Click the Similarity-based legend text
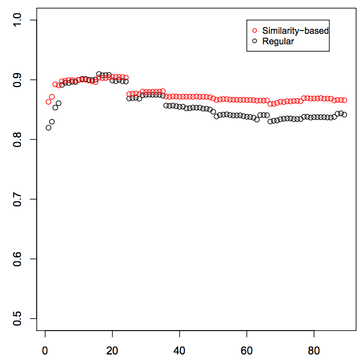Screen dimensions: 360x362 coord(295,31)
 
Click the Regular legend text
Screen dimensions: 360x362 coord(278,41)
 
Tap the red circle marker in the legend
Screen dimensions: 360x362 coord(255,31)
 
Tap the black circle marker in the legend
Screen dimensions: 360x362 coord(255,41)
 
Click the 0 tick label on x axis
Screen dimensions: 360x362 coord(45,351)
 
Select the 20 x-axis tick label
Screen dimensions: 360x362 coord(112,351)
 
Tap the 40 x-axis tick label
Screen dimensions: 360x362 coord(179,351)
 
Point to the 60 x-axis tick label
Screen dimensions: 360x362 coord(247,351)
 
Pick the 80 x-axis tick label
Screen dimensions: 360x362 coord(314,351)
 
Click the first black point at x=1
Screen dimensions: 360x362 coord(48,128)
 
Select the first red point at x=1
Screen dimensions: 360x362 coord(48,102)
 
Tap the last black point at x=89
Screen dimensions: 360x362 coord(344,115)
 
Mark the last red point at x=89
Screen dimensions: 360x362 coord(344,100)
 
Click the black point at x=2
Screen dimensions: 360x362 coord(52,121)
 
